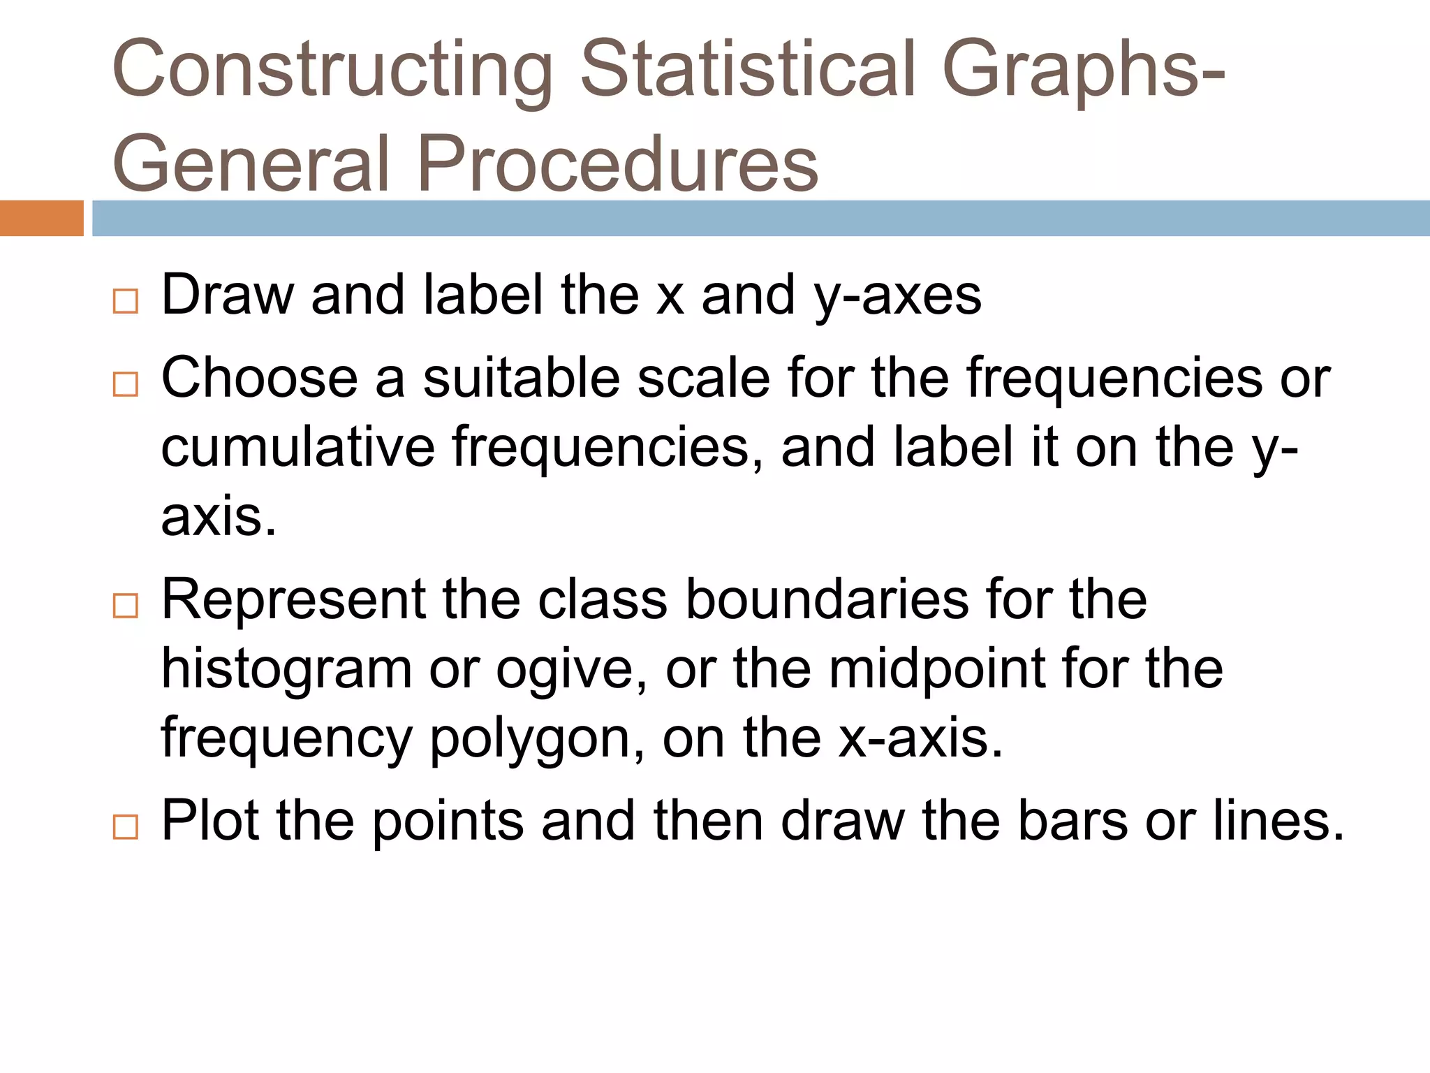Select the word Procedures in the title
[x=617, y=164]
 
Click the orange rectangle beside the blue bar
[x=41, y=218]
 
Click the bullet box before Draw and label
[x=126, y=301]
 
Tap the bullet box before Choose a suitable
[x=126, y=384]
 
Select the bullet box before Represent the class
[x=126, y=605]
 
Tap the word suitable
[x=521, y=378]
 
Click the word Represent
[x=293, y=600]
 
